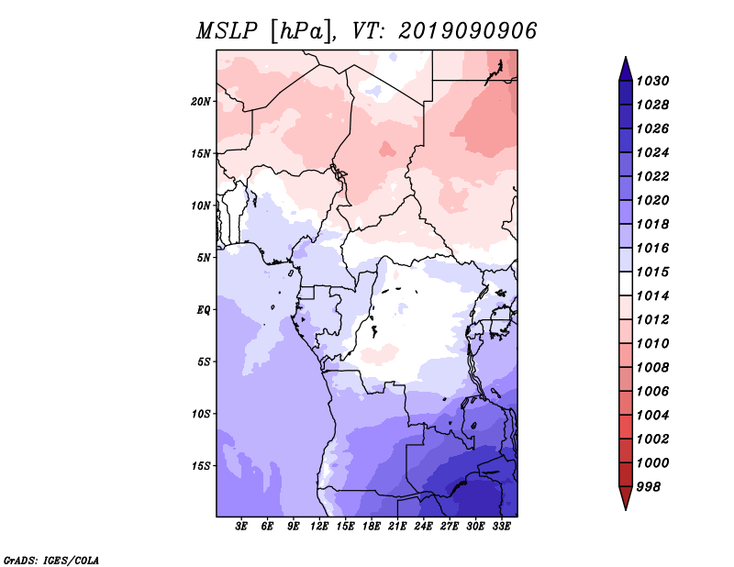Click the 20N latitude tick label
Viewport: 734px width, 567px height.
click(201, 102)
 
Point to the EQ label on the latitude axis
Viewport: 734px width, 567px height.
click(204, 310)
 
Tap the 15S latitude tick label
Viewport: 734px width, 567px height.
click(201, 466)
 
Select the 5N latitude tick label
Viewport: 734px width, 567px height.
click(204, 258)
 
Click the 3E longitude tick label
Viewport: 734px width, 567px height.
click(241, 527)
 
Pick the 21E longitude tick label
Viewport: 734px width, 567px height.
click(397, 527)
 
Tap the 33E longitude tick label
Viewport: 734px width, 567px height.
click(501, 527)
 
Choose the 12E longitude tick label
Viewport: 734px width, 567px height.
click(319, 527)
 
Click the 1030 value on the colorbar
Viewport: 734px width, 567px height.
click(652, 81)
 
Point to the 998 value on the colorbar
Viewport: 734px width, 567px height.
click(649, 487)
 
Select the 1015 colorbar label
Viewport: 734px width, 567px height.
click(652, 272)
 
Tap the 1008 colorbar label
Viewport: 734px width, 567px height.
click(652, 368)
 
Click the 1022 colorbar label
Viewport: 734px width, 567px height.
click(652, 176)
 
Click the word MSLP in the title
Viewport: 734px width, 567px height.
click(227, 31)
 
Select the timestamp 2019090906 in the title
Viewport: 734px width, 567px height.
click(467, 31)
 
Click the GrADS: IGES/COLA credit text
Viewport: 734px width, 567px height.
click(51, 561)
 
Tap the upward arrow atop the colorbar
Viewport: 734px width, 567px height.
click(626, 70)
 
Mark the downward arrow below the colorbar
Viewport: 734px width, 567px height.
click(626, 498)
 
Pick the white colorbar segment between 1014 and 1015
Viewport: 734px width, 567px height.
click(626, 283)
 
